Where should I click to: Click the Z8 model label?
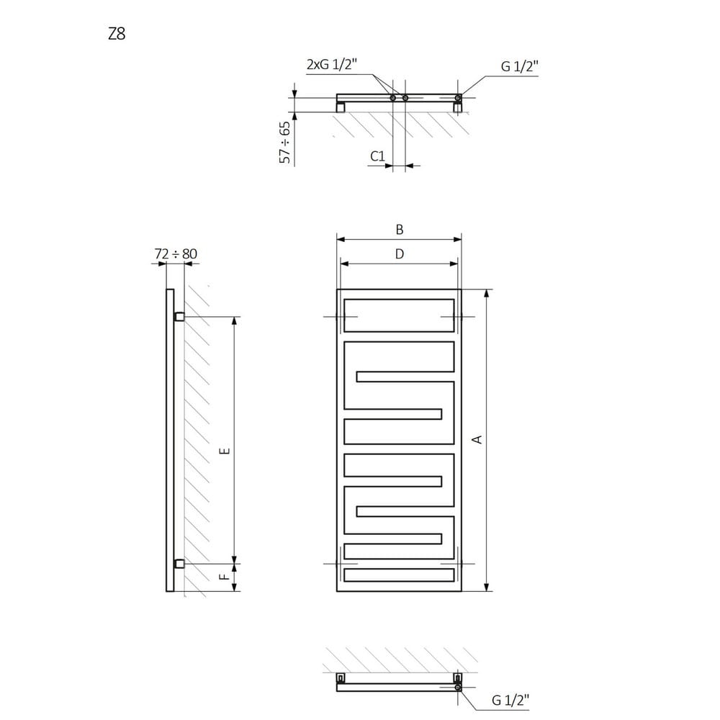pos(117,34)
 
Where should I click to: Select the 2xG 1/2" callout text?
pos(331,64)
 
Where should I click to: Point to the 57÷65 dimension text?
pos(285,143)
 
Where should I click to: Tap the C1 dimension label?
pos(377,156)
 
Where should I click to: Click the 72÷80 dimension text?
pos(176,253)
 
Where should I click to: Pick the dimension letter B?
pos(400,230)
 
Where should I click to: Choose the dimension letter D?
pos(400,254)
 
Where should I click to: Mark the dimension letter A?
pos(477,439)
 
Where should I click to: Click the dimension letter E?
pos(225,451)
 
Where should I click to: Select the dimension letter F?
pos(225,577)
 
